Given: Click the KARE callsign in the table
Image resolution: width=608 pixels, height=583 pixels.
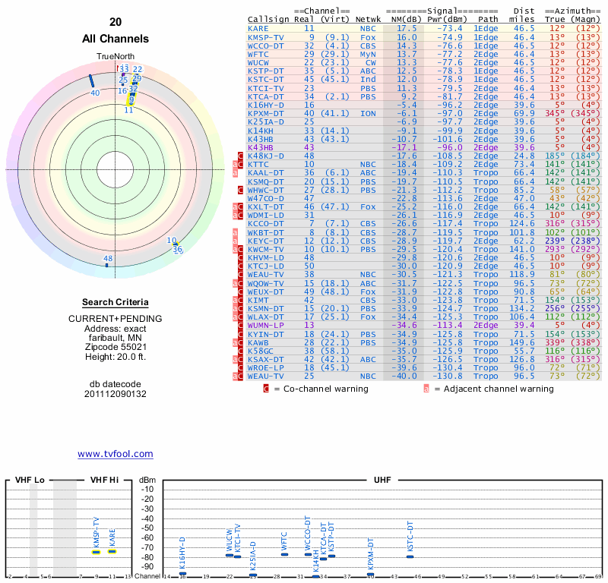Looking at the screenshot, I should coord(258,28).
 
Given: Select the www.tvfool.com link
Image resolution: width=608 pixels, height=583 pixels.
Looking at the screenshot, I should coord(116,454).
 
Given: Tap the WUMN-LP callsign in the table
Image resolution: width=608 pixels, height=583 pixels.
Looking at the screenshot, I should coord(264,324).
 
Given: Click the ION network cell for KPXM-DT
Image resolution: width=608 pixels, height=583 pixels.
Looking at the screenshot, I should coord(368,113).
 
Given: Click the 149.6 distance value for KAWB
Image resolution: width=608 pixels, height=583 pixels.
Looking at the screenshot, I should coord(521,342).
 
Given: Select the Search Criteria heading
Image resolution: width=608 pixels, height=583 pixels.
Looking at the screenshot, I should coord(116,302).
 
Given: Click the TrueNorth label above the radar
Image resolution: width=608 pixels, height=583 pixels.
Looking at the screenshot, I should coord(116,57).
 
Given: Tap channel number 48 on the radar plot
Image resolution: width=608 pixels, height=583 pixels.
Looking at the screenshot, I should coord(108,259).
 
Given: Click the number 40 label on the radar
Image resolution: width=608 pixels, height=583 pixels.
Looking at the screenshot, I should coord(95,93).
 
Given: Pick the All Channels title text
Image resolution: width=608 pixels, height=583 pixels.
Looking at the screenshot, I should coord(116,39).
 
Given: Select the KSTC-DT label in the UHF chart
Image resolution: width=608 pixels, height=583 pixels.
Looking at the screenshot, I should coord(410,537).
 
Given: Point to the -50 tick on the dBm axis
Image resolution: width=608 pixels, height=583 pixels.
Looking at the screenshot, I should coord(147,528).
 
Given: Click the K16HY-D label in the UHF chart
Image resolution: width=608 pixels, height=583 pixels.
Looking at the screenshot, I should coord(182,552).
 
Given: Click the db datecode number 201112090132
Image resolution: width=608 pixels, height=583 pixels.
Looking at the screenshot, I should coord(116,393).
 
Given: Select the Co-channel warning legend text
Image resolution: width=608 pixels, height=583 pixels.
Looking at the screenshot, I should coord(321,389).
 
